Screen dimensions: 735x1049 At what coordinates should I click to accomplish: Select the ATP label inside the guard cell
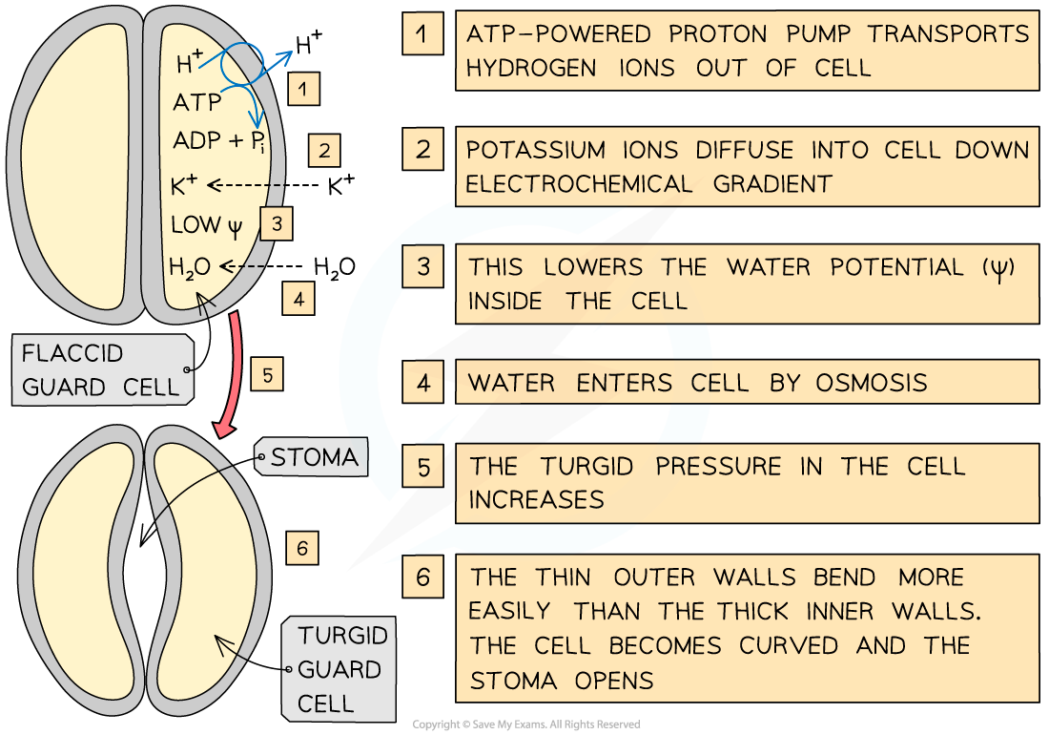[x=197, y=101]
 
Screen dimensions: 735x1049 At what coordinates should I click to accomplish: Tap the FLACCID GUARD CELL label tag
[x=100, y=370]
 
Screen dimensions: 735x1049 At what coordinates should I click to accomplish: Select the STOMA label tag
[x=313, y=458]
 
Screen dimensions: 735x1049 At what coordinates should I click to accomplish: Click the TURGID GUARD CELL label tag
[x=339, y=669]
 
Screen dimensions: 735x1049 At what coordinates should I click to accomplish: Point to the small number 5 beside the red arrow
[x=268, y=375]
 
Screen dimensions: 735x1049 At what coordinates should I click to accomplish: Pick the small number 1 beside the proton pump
[x=302, y=90]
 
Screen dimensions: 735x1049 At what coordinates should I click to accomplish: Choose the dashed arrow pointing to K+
[x=247, y=185]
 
